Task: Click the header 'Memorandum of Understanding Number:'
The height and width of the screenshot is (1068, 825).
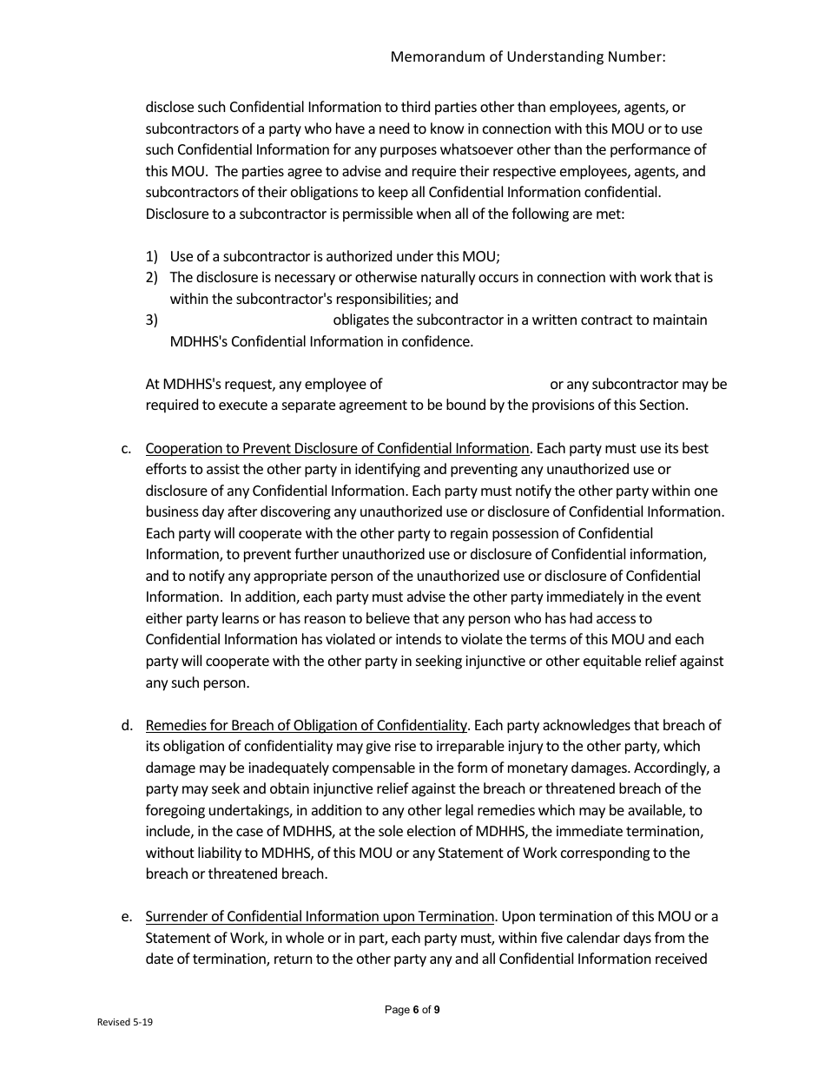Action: [528, 56]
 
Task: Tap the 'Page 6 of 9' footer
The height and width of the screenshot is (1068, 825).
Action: [412, 1010]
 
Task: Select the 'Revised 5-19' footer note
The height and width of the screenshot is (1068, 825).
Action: [125, 1023]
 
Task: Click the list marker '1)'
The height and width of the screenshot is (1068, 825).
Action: [152, 256]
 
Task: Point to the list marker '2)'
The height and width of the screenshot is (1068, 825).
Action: [152, 278]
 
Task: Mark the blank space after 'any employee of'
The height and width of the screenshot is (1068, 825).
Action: [465, 384]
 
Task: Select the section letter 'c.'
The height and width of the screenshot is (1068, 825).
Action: [127, 449]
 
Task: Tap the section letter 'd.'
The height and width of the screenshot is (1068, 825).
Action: [127, 726]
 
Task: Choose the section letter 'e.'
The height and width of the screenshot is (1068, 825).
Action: [127, 917]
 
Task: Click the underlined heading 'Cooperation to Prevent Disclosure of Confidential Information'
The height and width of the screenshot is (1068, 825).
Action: [337, 449]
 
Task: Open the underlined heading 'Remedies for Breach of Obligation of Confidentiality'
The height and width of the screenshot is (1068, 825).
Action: [307, 726]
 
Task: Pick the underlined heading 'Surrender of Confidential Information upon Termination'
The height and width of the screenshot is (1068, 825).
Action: [320, 917]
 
